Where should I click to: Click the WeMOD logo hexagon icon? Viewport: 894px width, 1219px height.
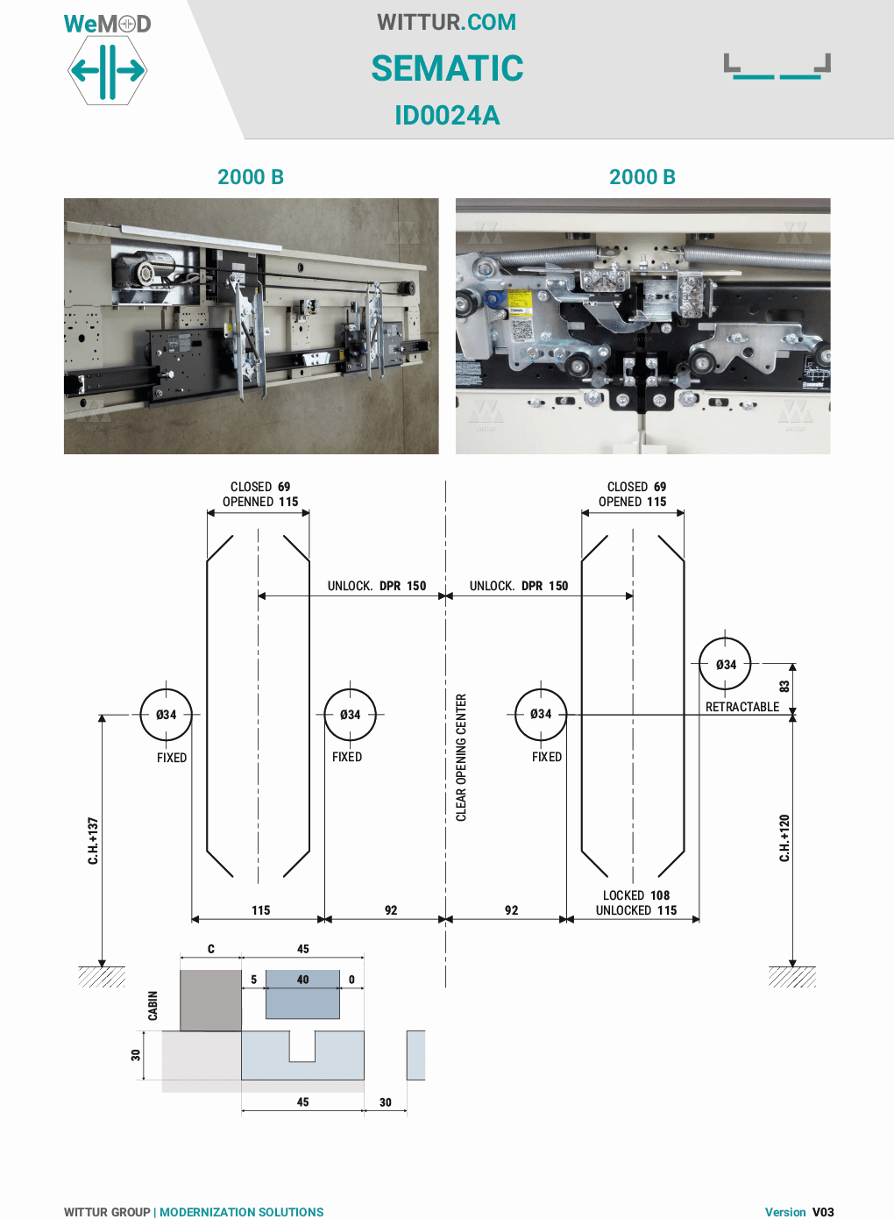107,70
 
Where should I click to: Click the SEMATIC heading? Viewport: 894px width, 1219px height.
447,68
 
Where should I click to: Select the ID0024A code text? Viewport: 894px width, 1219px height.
447,115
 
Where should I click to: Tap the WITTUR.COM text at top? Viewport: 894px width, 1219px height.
447,22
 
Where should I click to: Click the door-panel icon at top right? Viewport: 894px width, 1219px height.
777,67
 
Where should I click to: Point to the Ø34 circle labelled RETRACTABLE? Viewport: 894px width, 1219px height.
725,665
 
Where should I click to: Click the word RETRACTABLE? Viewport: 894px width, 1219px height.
741,707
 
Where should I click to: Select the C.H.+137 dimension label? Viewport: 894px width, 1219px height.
93,841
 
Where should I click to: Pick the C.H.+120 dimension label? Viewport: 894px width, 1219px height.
784,838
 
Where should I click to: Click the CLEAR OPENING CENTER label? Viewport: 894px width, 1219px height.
461,758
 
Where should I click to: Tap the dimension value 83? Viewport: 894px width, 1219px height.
784,686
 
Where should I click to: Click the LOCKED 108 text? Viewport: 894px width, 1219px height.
635,895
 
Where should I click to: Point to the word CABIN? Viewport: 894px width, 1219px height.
153,1006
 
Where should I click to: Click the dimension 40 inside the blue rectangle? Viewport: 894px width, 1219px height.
302,980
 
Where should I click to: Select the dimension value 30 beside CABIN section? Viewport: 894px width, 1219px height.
136,1055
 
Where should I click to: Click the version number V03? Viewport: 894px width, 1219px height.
823,1212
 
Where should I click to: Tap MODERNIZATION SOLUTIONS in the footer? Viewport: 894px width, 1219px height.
241,1212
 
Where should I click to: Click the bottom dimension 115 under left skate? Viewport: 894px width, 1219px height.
261,910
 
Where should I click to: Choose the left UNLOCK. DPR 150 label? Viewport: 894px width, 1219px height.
377,586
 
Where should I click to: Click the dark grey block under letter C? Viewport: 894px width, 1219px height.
210,1000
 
